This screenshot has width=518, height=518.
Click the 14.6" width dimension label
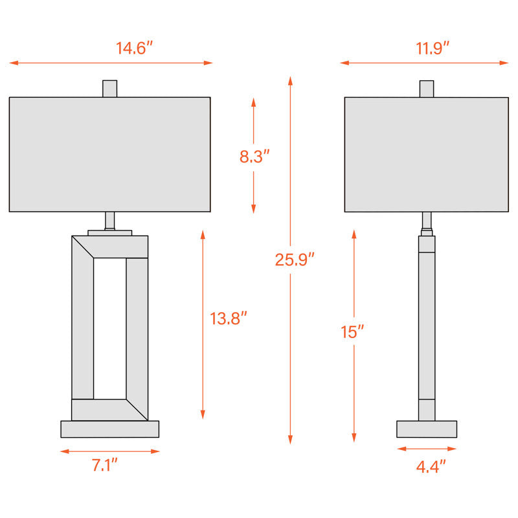coord(134,48)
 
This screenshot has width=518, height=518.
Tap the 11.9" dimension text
coord(433,49)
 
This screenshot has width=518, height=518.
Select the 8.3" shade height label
coord(254,156)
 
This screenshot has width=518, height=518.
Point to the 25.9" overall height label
coord(295,260)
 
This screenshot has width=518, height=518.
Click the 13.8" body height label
coord(229,319)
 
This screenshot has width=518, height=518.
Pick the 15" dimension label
coord(352,332)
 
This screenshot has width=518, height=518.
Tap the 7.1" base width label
coord(104,465)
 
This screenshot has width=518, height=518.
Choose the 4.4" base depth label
coord(431,467)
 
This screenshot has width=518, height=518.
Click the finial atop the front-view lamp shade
coord(109,89)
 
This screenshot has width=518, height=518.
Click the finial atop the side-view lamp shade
coord(427,89)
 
